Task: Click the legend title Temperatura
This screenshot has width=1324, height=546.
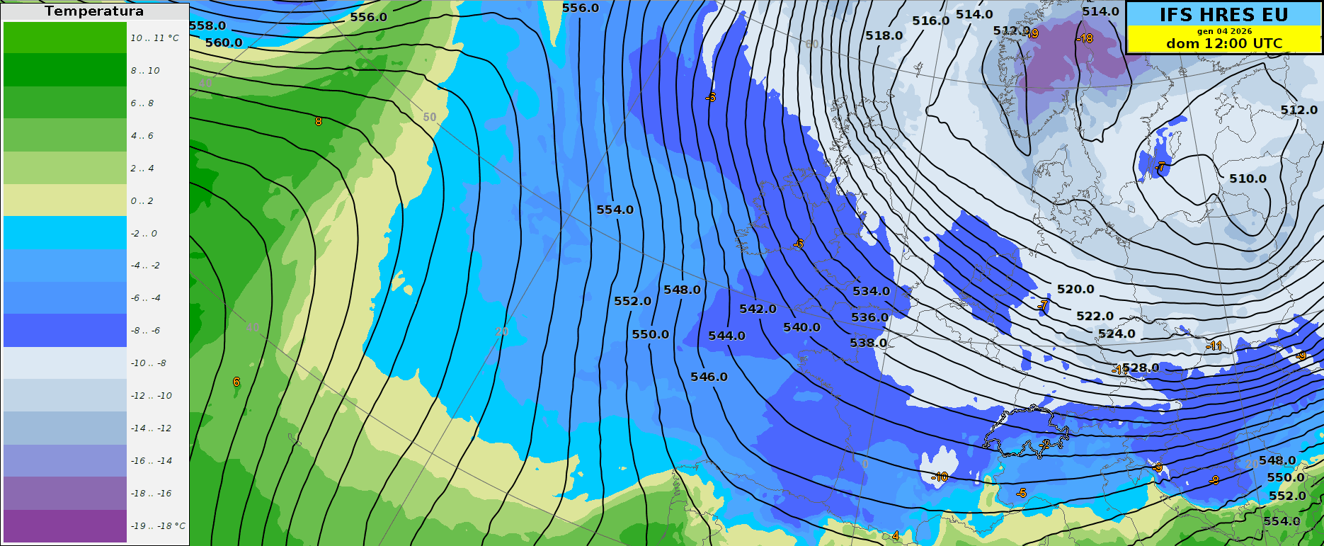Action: pos(94,11)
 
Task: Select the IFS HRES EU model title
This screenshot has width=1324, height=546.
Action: pos(1224,15)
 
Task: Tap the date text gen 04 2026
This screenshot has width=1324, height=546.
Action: pos(1224,31)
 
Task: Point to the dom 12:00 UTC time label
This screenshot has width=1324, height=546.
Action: pos(1224,43)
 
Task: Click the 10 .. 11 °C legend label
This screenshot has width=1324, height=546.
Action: pos(154,38)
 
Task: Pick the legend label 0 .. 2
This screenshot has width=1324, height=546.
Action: pos(142,201)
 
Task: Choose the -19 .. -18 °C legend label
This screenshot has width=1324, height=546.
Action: pos(158,526)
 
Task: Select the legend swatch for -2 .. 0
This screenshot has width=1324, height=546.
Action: pos(65,232)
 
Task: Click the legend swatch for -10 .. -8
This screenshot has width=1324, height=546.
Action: pos(65,362)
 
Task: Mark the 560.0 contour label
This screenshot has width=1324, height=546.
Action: pos(224,42)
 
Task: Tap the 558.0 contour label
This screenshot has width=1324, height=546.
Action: pos(207,26)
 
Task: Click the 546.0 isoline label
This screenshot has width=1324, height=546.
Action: pos(709,377)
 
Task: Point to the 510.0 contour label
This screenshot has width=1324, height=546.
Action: pos(1248,178)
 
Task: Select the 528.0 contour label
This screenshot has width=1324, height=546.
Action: pos(1141,368)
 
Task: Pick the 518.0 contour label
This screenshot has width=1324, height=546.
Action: pos(884,35)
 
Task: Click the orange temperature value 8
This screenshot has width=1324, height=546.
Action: pos(318,121)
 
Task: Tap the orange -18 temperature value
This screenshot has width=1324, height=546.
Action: pos(1085,38)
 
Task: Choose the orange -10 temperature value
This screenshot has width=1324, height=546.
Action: pos(940,477)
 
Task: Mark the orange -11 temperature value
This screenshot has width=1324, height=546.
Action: pos(1214,346)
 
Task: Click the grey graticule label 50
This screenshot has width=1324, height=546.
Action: pos(430,117)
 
